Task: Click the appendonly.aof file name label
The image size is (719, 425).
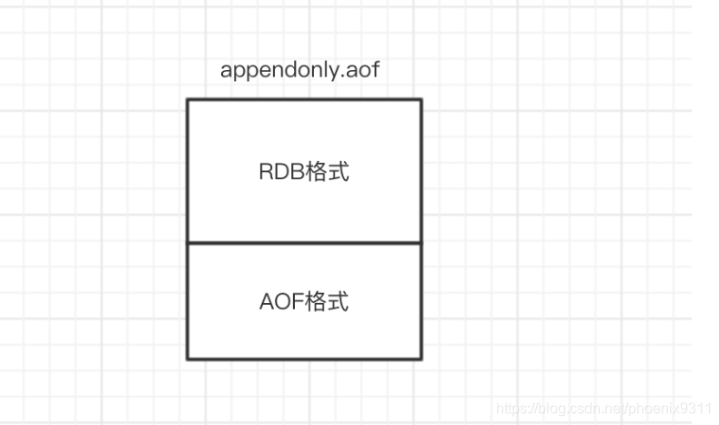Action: pos(299,71)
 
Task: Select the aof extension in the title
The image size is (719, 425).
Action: pos(364,71)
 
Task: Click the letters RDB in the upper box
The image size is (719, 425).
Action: pos(278,172)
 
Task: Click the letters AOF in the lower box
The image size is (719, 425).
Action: pos(278,301)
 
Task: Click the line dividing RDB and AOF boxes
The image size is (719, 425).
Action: pos(304,243)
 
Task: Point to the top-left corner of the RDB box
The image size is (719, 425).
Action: pos(187,99)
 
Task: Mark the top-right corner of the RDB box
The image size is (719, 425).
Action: pos(420,99)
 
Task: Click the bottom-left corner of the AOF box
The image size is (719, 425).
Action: pos(187,359)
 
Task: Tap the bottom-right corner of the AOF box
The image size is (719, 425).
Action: pos(420,359)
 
